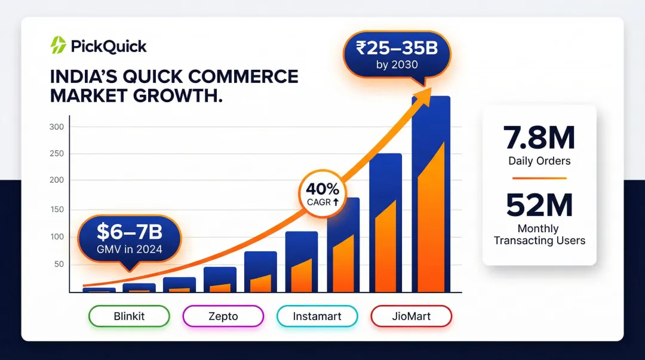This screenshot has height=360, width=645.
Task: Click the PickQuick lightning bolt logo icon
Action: coord(58,45)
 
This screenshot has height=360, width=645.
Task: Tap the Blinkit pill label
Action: coord(129,316)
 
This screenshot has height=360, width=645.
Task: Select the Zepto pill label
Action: coord(223,316)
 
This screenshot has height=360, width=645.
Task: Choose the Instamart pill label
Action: coord(317,316)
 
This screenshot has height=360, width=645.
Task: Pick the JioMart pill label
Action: coord(411,316)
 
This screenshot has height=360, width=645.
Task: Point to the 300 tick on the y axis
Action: coord(57,127)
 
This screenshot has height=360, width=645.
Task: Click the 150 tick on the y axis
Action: coord(57,209)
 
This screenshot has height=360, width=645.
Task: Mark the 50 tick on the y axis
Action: coord(59,264)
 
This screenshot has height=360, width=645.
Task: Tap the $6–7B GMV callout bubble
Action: coord(130,239)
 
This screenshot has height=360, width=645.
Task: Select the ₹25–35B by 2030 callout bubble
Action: coord(397,54)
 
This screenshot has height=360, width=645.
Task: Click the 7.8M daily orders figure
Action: coord(539,139)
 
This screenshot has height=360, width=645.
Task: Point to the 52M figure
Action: coord(539,205)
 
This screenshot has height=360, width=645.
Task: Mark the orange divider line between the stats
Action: coord(539,178)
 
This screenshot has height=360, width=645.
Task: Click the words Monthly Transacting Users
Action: coord(539,235)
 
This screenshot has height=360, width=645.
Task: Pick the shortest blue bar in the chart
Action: coord(99,290)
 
